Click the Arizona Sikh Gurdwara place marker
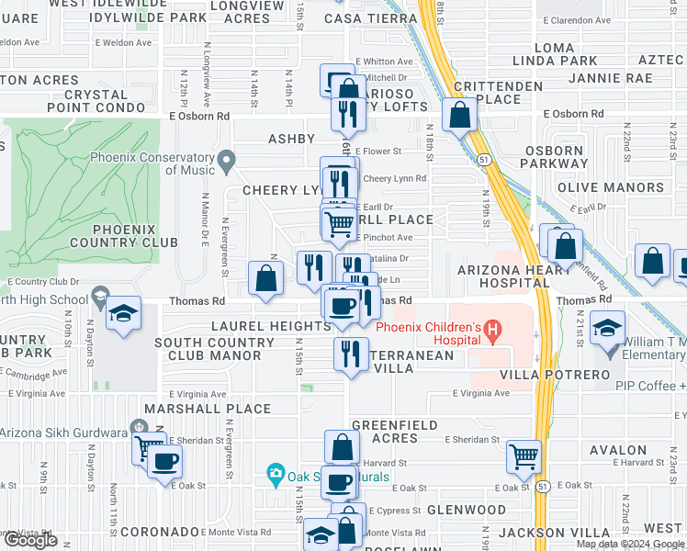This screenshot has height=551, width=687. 138,426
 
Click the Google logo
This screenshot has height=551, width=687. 31,540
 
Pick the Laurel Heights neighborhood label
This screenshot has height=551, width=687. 270,326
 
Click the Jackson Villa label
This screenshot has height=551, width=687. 561,533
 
